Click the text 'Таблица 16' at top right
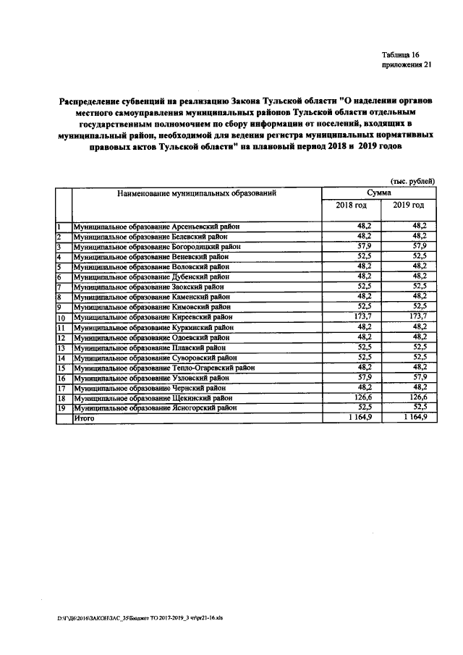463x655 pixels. point(400,54)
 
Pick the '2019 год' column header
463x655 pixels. point(408,206)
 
